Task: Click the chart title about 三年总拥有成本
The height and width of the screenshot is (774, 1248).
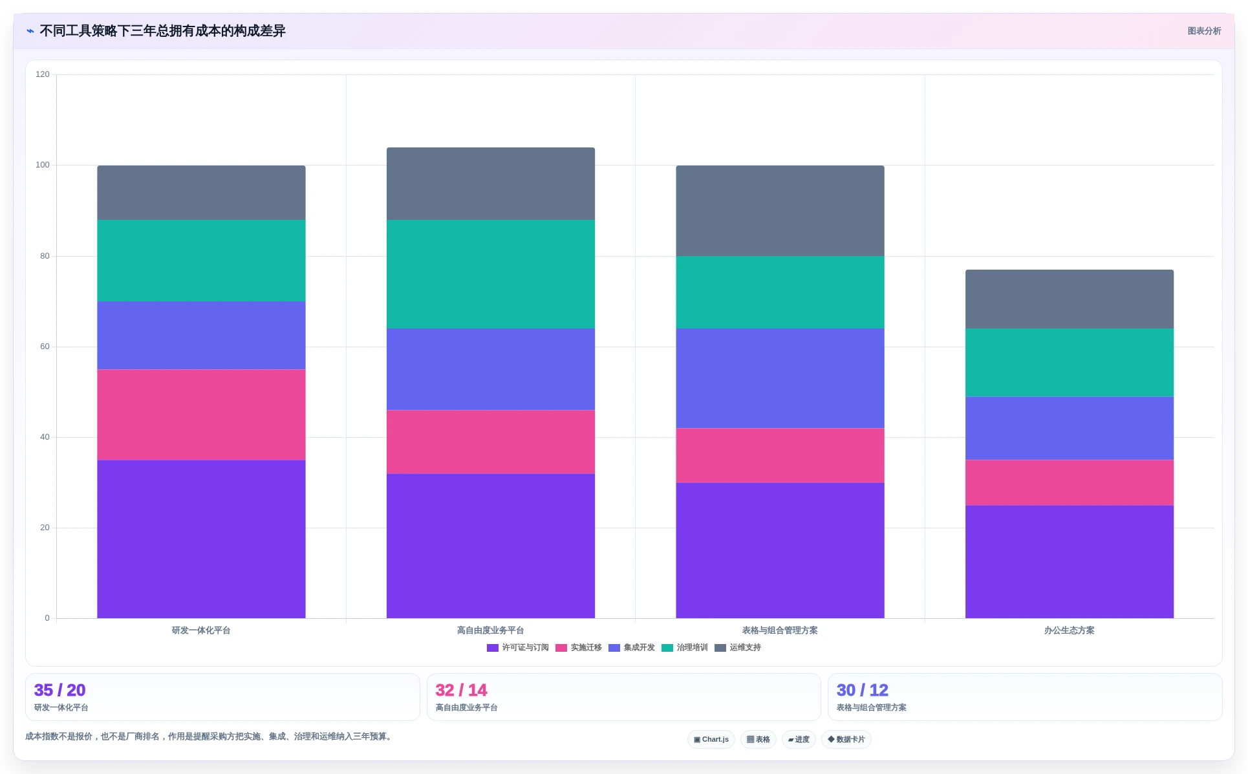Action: tap(162, 31)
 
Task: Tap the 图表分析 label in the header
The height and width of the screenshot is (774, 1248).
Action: tap(1204, 31)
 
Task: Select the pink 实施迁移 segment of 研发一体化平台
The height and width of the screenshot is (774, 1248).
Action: tap(201, 414)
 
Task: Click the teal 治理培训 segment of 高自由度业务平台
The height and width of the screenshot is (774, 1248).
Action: tap(491, 274)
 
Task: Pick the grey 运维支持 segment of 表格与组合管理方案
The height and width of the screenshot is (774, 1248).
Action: tap(780, 211)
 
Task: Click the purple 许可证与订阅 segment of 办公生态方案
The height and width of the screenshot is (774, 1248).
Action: tap(1070, 562)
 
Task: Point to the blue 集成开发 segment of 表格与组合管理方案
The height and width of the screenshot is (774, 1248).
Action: tap(780, 378)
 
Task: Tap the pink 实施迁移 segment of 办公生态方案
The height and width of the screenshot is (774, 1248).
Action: tap(1070, 482)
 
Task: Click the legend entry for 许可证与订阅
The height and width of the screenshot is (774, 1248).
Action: tap(517, 647)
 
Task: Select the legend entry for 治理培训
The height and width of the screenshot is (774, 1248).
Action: tap(684, 647)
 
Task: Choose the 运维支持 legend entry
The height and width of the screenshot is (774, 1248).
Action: tap(737, 647)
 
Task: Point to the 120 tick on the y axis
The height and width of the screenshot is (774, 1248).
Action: tap(43, 74)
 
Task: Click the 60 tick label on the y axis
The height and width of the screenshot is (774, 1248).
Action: tap(45, 347)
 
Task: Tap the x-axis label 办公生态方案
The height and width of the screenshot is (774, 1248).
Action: tap(1070, 630)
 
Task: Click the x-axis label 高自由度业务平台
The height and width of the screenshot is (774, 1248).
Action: tap(491, 630)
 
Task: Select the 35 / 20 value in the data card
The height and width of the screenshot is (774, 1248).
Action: tap(59, 690)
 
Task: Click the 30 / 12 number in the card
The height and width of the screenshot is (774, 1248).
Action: tap(863, 690)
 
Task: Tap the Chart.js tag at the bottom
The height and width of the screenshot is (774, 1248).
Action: tap(711, 739)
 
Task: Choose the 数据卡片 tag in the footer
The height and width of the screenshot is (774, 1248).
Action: tap(846, 739)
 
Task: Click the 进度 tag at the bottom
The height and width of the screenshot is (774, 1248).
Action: tap(799, 739)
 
